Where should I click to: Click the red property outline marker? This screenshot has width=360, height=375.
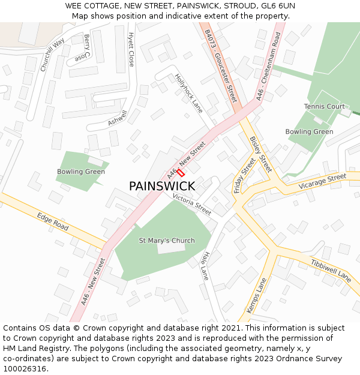pyautogui.click(x=180, y=172)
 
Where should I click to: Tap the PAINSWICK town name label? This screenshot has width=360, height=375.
pyautogui.click(x=162, y=187)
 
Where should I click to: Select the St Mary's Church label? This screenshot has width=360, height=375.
pyautogui.click(x=167, y=241)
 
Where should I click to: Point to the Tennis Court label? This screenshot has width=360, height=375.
pyautogui.click(x=324, y=106)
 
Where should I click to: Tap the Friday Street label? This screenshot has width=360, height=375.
pyautogui.click(x=244, y=175)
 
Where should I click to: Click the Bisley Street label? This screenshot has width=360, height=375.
pyautogui.click(x=260, y=154)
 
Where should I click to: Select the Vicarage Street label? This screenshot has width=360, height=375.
pyautogui.click(x=322, y=180)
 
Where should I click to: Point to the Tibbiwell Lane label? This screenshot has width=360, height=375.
pyautogui.click(x=331, y=271)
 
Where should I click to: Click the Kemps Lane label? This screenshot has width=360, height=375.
pyautogui.click(x=256, y=295)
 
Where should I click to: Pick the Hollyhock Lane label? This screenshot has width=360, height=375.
pyautogui.click(x=189, y=93)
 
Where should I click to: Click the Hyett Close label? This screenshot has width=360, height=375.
pyautogui.click(x=131, y=50)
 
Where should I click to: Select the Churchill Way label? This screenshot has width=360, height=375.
pyautogui.click(x=52, y=55)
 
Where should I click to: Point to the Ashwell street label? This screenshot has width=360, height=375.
pyautogui.click(x=118, y=118)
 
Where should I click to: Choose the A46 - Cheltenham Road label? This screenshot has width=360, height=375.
pyautogui.click(x=268, y=66)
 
